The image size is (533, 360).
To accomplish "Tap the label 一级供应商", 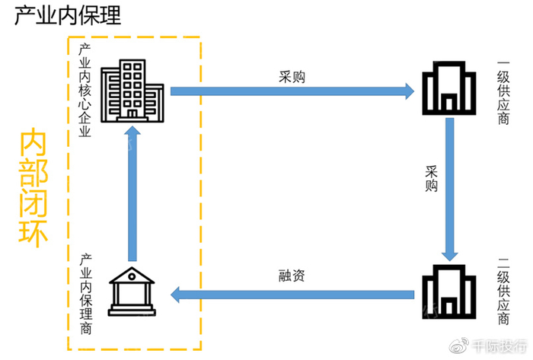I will click(x=503, y=92).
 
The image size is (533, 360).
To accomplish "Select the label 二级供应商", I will click(x=503, y=294).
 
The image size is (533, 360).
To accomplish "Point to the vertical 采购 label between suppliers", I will click(x=432, y=177).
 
